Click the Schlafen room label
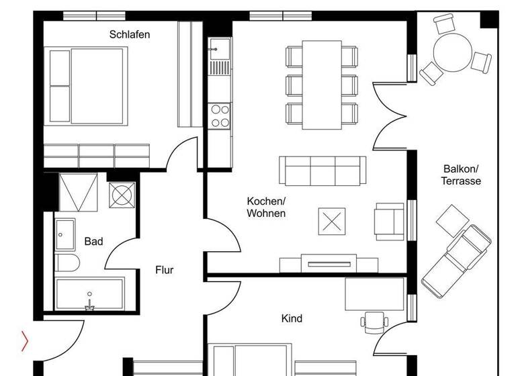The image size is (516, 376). coord(130,34)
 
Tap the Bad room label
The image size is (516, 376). coord(93,241)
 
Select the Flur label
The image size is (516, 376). coord(165,270)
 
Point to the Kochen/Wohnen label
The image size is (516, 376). coord(266,207)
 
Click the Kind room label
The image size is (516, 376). coord(292,318)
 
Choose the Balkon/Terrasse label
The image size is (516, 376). coord(461,175)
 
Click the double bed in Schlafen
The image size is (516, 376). coord(85,85)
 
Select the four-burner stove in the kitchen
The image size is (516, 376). coord(219,115)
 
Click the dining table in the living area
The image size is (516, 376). coord(321,85)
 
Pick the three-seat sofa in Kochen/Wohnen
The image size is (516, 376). coord(322,171)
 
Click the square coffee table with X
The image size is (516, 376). coord(331,221)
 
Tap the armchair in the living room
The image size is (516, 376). coord(390,221)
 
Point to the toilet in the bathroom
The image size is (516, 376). coord(67,262)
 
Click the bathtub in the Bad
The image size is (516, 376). coord(89,294)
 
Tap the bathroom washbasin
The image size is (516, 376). coord(66,234)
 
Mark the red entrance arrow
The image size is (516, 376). coord(25,342)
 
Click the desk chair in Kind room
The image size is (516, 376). coord(372,321)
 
